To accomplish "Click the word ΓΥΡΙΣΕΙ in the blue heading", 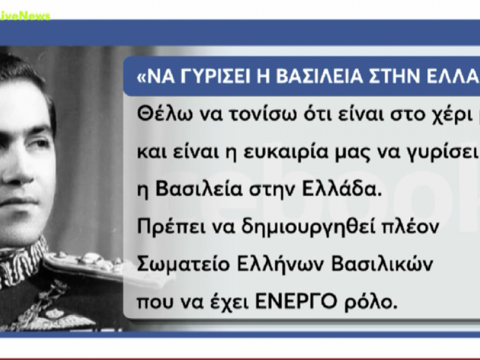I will [208, 77].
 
